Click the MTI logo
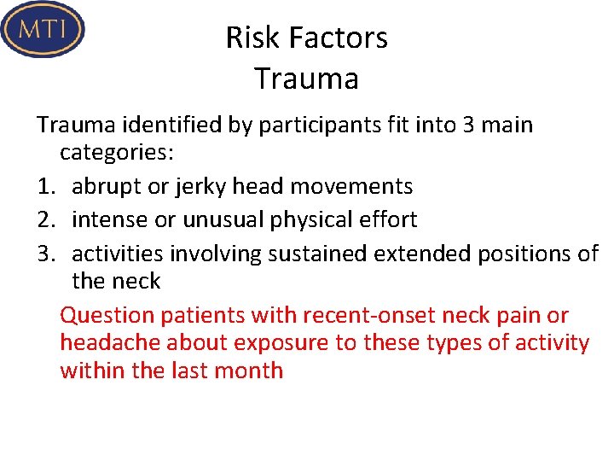click(43, 29)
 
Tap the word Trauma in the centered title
click(306, 79)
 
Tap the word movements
click(360, 186)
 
